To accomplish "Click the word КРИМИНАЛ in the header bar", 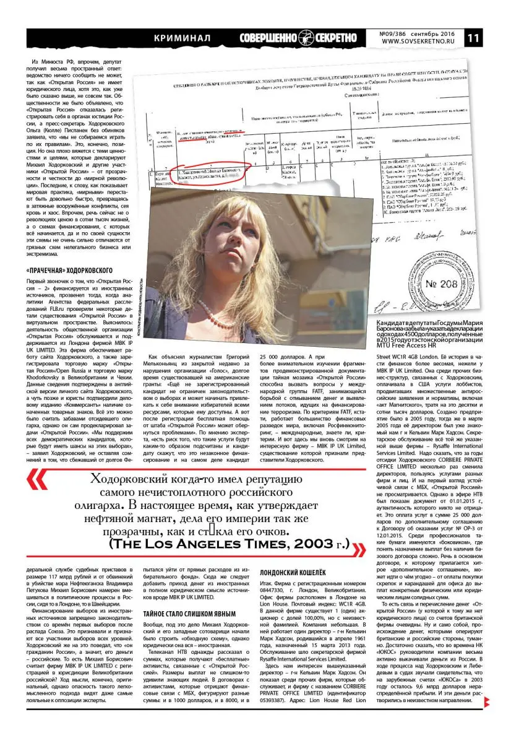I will click(x=182, y=38).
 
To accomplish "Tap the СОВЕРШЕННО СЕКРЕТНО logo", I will click(x=298, y=38).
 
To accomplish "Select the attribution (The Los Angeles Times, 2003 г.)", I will click(x=230, y=545).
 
